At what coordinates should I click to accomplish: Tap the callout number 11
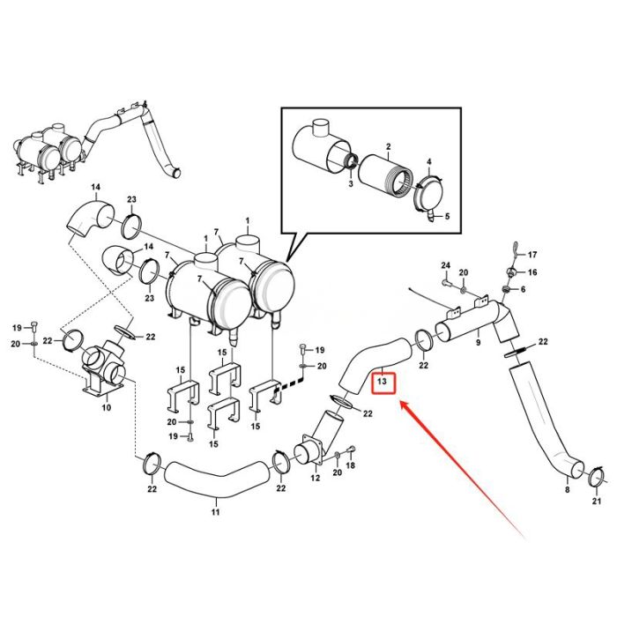[x=215, y=511]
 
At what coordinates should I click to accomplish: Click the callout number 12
[x=315, y=479]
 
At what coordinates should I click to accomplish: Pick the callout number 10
[x=106, y=407]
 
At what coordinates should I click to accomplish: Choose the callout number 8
[x=567, y=489]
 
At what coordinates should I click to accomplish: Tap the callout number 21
[x=596, y=502]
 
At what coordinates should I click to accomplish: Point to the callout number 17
[x=532, y=255]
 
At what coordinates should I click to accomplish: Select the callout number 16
[x=532, y=273]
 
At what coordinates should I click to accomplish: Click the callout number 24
[x=445, y=265]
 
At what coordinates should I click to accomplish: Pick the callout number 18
[x=350, y=465]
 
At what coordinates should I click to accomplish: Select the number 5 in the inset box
[x=447, y=217]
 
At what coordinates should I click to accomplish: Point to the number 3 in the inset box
[x=350, y=183]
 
